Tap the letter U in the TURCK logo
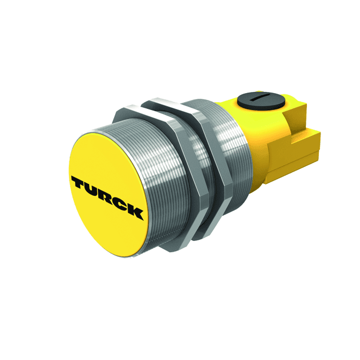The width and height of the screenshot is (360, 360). coord(95,190)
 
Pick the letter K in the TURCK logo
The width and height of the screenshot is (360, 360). coord(135,213)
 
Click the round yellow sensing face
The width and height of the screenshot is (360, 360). coord(107,197)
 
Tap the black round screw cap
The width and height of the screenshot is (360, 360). coord(261,100)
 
